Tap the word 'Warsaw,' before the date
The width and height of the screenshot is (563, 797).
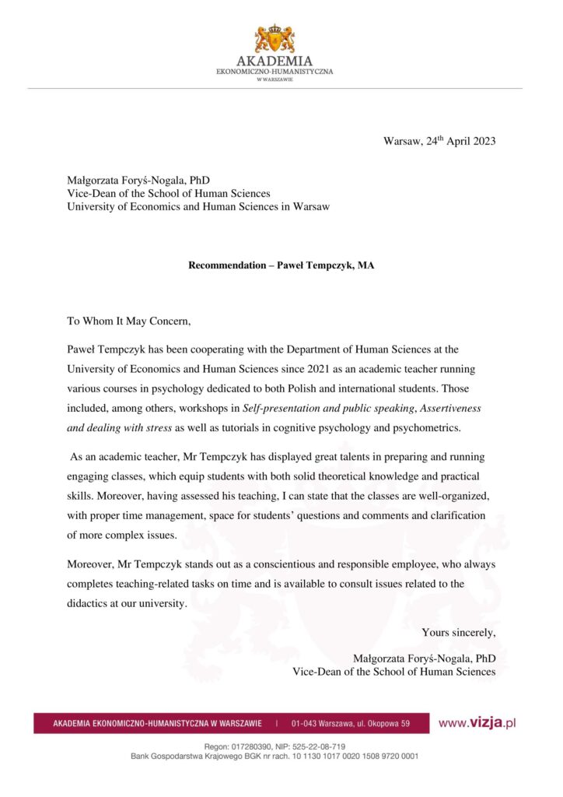coord(403,141)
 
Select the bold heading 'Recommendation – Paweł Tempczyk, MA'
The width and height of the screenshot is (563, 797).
coord(281,265)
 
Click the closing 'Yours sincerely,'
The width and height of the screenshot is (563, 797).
coord(459,632)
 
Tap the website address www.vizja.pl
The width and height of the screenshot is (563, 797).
coord(477,723)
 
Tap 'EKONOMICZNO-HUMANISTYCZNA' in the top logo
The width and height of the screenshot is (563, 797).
coord(275,72)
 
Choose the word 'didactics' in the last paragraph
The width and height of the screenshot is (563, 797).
coord(89,603)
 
